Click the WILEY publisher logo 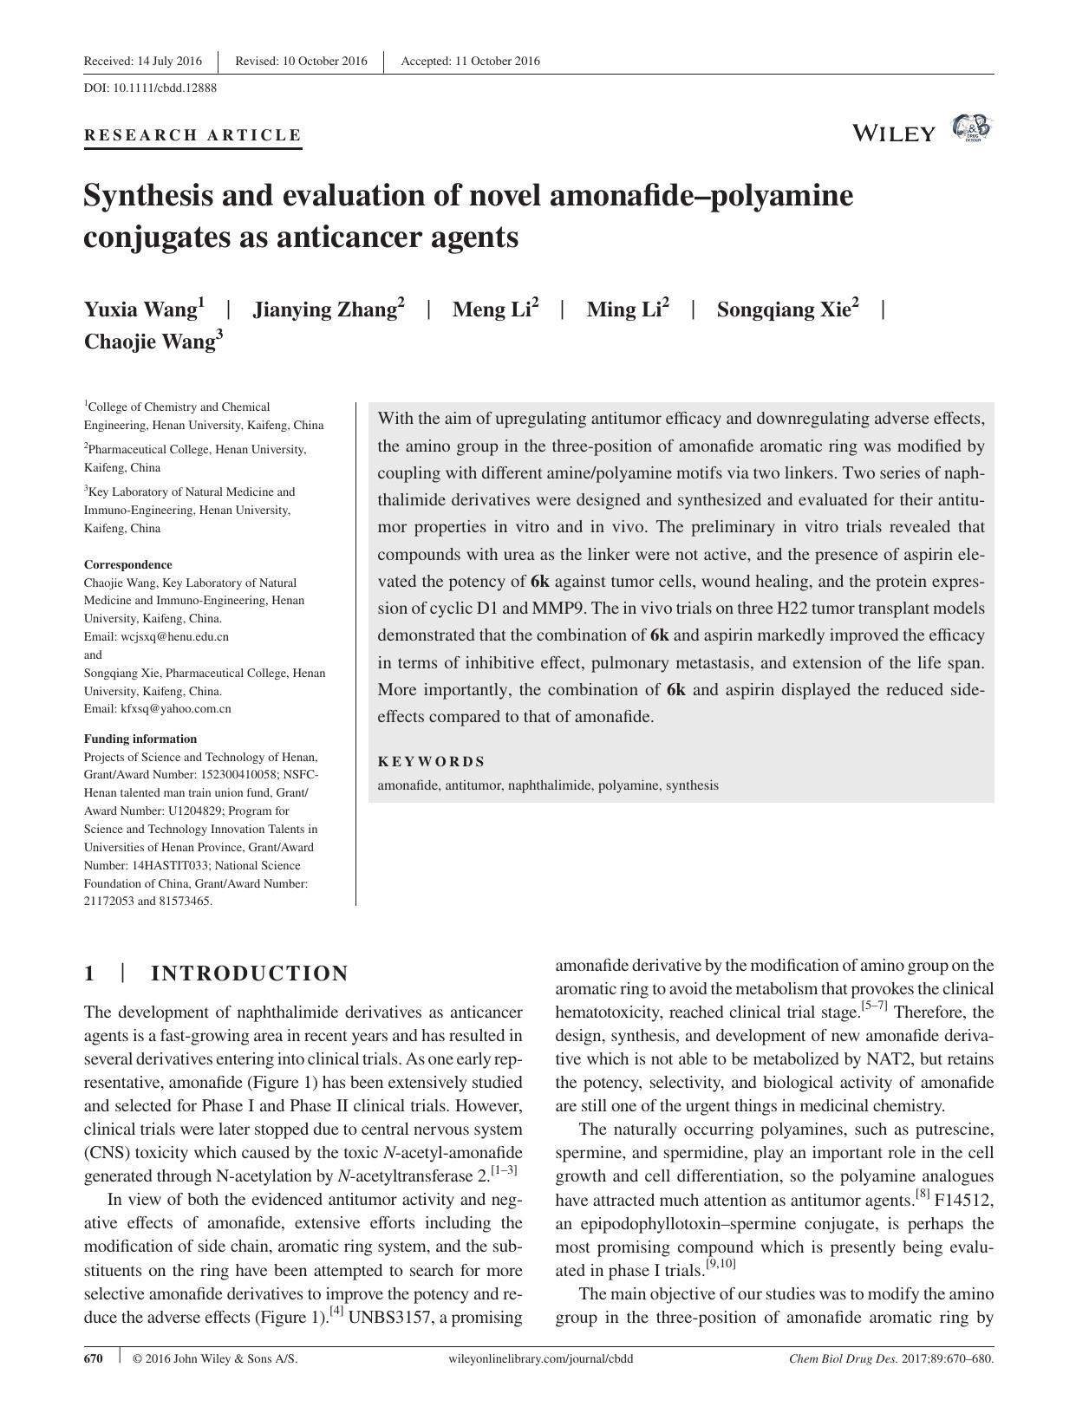(894, 133)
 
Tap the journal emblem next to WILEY (971, 129)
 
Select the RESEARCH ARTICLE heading (192, 135)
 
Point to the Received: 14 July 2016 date (142, 61)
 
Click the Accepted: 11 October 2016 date (470, 61)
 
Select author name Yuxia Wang (144, 309)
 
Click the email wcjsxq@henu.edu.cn (174, 636)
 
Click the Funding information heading (140, 739)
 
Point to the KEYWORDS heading (431, 761)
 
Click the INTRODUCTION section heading (250, 973)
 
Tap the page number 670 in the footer (93, 1358)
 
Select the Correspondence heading (127, 564)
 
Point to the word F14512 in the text (964, 1201)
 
